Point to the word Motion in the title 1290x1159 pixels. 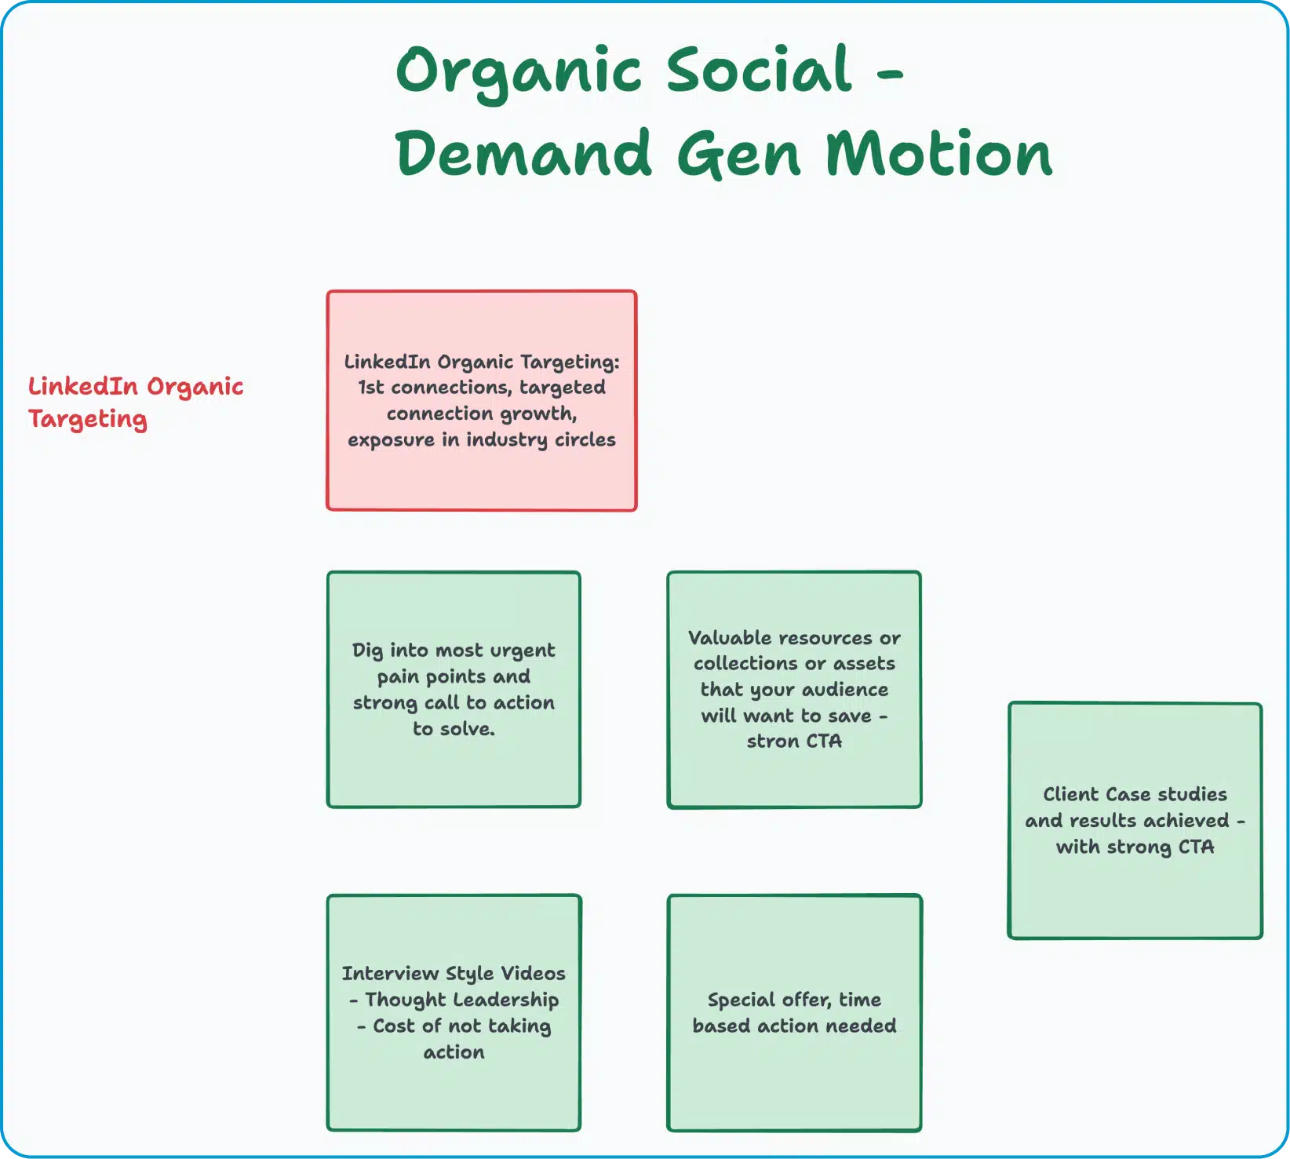938,153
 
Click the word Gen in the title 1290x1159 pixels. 738,153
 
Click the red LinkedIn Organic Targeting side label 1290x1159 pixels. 136,403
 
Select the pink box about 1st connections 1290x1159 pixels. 482,400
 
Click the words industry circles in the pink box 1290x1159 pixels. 541,439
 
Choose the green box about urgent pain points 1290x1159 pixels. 454,689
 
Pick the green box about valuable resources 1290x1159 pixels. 794,689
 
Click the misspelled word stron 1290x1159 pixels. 773,741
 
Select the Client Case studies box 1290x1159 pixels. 1135,820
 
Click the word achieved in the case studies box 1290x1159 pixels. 1187,820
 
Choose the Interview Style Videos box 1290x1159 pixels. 454,1012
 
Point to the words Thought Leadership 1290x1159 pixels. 462,1000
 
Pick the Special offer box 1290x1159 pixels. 794,1012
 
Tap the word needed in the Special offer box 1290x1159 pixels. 862,1026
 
